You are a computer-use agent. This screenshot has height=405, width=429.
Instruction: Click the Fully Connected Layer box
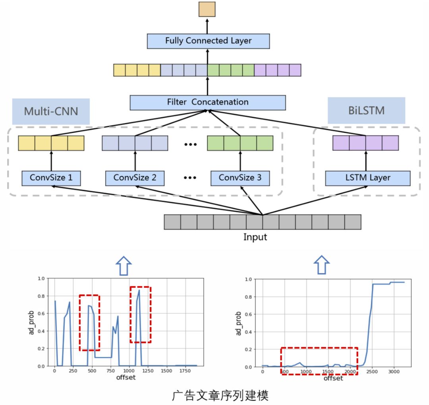tap(208, 41)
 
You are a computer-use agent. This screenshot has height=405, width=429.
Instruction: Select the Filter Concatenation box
tap(207, 102)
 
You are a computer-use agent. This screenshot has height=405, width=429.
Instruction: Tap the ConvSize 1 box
tap(51, 178)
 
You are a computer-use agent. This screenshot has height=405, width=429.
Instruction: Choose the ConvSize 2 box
tap(135, 178)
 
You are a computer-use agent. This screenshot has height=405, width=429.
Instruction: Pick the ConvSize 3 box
tap(240, 178)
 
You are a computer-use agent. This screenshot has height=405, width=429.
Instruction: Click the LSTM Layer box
tap(367, 178)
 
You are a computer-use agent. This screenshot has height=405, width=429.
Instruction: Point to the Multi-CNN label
tap(51, 111)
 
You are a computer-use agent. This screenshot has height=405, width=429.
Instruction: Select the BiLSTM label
tap(366, 110)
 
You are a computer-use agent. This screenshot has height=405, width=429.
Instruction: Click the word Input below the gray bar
tap(255, 238)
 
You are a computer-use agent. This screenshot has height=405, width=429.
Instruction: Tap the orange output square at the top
tap(207, 9)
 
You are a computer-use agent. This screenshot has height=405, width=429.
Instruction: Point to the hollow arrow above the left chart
tap(124, 265)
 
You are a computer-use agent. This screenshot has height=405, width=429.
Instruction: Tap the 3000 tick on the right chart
tap(393, 371)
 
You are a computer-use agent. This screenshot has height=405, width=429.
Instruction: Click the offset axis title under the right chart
tap(333, 378)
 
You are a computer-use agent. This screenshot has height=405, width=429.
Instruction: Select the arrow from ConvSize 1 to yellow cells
tap(51, 161)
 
